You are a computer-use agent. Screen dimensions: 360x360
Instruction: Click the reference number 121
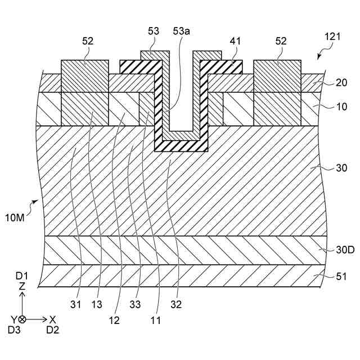click(x=332, y=37)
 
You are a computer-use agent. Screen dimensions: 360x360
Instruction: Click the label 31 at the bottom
click(x=76, y=305)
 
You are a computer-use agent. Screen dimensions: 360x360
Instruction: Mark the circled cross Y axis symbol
click(x=22, y=319)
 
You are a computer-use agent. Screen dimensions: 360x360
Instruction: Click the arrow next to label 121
click(x=320, y=55)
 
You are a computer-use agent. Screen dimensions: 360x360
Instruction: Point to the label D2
click(x=52, y=330)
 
